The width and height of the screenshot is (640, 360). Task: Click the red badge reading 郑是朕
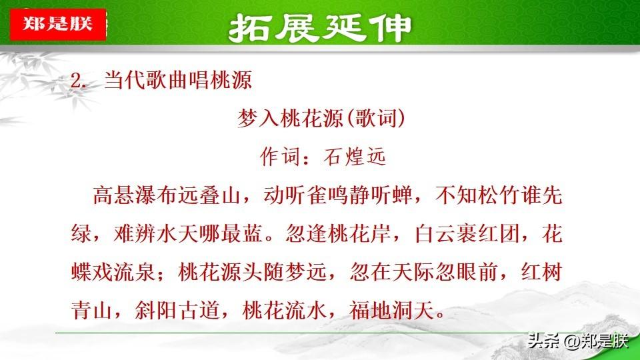[58, 24]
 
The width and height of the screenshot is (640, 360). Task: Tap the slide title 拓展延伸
[320, 28]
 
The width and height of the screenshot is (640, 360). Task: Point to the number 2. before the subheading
[79, 81]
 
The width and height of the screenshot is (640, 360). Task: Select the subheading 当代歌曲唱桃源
[178, 79]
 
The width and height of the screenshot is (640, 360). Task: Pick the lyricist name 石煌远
[354, 157]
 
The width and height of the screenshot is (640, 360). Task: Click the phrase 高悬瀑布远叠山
[167, 195]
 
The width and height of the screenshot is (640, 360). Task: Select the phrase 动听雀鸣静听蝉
[338, 195]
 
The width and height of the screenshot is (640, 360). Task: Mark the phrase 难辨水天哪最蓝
[188, 234]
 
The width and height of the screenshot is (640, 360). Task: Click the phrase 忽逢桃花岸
[338, 234]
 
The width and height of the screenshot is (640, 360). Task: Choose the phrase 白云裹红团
[467, 234]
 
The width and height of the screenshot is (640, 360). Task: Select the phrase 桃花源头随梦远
[252, 272]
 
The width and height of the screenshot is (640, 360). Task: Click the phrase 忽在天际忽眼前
[423, 272]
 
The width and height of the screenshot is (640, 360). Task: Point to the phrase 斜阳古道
[177, 310]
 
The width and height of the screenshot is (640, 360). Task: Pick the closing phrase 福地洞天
[391, 310]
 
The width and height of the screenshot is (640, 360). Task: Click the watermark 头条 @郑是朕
[577, 341]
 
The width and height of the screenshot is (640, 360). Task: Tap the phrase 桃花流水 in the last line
[284, 310]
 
